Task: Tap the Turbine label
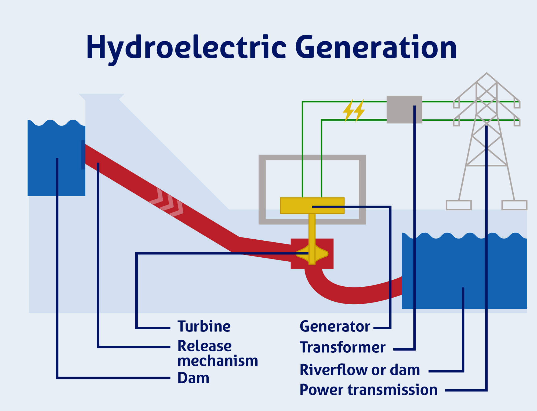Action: click(x=204, y=326)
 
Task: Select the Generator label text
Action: click(x=335, y=326)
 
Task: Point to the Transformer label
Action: click(x=342, y=347)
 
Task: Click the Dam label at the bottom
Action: click(x=193, y=378)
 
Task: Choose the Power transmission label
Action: click(x=368, y=390)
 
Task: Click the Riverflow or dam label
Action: click(x=360, y=370)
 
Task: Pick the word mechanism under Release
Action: click(x=217, y=361)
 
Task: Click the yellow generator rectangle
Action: click(x=295, y=206)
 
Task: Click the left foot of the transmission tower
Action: click(x=459, y=205)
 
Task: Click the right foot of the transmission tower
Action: click(x=514, y=205)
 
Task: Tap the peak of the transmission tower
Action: click(x=487, y=74)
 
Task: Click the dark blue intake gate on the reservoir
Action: click(x=83, y=154)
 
